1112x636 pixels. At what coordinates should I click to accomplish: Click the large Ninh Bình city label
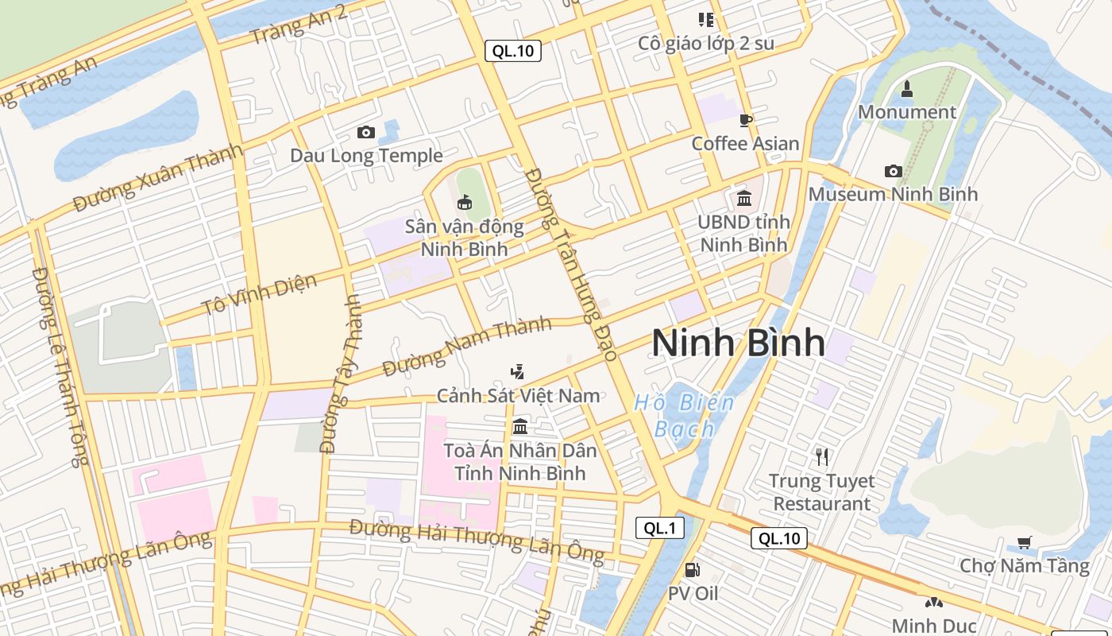(x=738, y=343)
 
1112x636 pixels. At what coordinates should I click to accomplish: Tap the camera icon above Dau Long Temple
(x=366, y=132)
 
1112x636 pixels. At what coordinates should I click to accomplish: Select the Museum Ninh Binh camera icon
(x=894, y=171)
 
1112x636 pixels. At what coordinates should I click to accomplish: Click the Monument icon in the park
(x=907, y=88)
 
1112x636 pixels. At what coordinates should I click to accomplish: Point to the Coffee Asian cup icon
(x=745, y=120)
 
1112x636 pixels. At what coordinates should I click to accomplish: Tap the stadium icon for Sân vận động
(x=465, y=202)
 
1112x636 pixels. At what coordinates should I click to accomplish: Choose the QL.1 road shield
(x=659, y=528)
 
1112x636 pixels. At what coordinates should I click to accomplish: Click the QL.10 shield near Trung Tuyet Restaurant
(x=779, y=538)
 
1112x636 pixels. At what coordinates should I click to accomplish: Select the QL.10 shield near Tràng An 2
(x=513, y=51)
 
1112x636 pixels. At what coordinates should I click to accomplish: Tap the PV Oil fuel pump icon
(x=692, y=570)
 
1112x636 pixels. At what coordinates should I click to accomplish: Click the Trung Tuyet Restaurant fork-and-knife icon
(x=822, y=456)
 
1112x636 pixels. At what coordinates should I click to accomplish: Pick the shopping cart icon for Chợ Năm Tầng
(x=1024, y=543)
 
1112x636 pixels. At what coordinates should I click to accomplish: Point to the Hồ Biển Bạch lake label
(x=684, y=416)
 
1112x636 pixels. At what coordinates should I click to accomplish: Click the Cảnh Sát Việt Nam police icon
(x=518, y=371)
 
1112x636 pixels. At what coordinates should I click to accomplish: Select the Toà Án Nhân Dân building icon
(x=520, y=427)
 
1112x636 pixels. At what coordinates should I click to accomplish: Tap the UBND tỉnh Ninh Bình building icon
(x=744, y=198)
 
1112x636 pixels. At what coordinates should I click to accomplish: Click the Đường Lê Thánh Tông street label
(x=60, y=366)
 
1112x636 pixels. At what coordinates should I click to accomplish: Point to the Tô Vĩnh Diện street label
(x=260, y=294)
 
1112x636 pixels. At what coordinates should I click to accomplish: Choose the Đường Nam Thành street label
(x=467, y=347)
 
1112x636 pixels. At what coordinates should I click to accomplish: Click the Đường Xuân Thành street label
(x=158, y=178)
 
